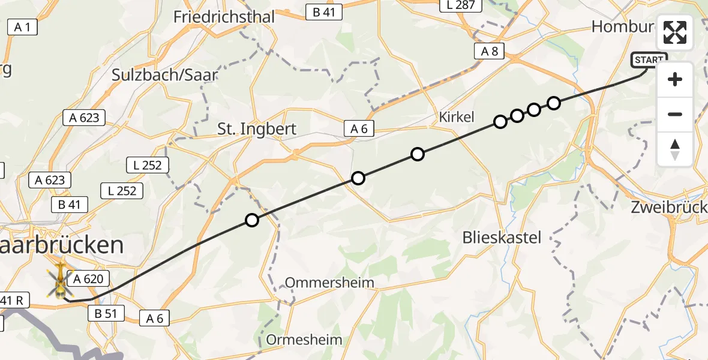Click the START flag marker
pos(649,60)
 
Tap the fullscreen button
pos(675,32)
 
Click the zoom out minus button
pos(675,114)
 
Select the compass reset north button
pos(675,149)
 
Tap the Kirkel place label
pos(457,116)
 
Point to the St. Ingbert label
pos(265,129)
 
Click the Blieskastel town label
pos(502,238)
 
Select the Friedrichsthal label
pos(224,17)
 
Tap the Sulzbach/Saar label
pos(164,75)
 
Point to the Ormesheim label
pos(304,340)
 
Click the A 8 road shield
pos(490,52)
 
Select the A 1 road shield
pos(23,27)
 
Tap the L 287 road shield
pos(461,5)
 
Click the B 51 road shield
pos(106,313)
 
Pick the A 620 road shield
pos(89,278)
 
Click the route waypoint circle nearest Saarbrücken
pos(252,220)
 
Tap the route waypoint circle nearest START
pos(554,103)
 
